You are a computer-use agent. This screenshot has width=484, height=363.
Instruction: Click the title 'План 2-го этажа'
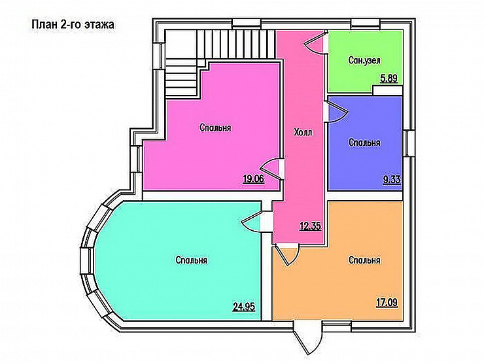73,24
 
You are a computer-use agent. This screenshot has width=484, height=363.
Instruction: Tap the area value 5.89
389,78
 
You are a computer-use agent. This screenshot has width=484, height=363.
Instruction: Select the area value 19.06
253,179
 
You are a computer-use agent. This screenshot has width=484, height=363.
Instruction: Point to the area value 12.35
311,226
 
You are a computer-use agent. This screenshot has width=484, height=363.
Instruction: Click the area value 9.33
392,179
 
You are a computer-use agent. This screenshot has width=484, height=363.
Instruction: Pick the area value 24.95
244,307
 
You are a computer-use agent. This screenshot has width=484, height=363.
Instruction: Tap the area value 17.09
387,303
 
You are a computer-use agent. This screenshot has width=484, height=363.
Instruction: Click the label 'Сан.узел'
364,60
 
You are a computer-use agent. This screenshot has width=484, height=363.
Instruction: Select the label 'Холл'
303,132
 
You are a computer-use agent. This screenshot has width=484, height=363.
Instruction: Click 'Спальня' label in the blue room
364,143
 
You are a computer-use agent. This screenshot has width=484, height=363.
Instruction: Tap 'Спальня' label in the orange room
364,260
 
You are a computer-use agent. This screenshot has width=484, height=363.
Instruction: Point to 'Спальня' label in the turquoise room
192,260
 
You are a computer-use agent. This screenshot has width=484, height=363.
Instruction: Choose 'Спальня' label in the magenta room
215,128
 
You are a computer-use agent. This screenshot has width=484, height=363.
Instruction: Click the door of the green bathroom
315,43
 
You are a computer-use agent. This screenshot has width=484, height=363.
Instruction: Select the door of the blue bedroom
336,112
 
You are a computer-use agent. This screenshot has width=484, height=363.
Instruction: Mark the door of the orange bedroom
286,254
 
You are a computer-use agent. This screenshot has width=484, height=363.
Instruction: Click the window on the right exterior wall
409,143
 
